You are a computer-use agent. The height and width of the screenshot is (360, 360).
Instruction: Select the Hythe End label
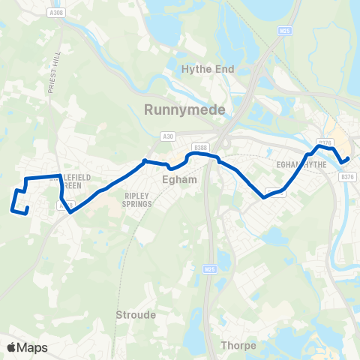point(208,69)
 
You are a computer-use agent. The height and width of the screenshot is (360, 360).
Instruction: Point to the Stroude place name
point(136,315)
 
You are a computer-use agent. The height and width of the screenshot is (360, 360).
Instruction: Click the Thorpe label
point(239,346)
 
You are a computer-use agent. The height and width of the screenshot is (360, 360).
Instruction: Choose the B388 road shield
point(199,148)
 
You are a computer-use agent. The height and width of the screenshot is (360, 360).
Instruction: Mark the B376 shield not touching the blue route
point(346,177)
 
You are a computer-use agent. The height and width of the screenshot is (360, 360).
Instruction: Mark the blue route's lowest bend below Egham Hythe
point(265,198)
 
